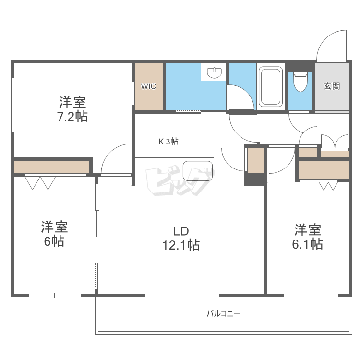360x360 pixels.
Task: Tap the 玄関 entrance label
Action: tap(332, 86)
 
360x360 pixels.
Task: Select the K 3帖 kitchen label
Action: tap(169, 141)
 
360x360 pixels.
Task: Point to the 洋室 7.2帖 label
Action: tap(73, 109)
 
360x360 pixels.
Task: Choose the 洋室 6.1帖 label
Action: tap(308, 237)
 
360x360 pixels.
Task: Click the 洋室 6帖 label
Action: tap(54, 234)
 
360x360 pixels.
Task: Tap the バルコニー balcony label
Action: tap(223, 314)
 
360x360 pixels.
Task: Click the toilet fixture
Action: tap(300, 82)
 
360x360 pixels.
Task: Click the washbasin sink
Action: tap(214, 73)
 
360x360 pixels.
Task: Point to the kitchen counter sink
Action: tap(197, 170)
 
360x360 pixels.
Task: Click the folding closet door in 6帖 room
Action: tap(40, 182)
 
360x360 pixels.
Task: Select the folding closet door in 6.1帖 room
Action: tap(328, 185)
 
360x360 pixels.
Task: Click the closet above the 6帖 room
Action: tap(52, 167)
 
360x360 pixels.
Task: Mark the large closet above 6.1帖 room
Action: tap(323, 170)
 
